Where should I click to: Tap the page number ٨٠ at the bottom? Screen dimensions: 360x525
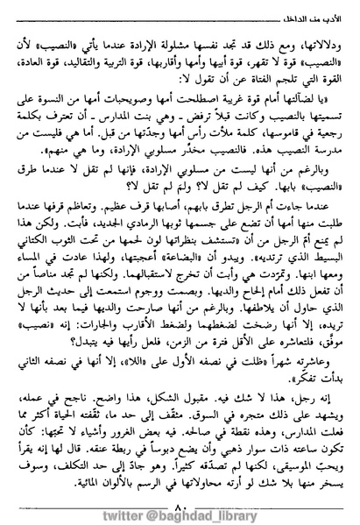pos(179,488)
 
